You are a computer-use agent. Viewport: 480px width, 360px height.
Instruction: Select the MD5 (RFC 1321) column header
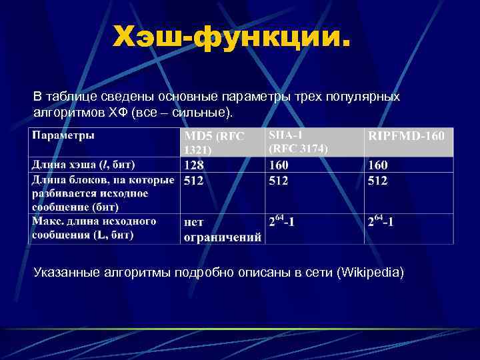pos(214,142)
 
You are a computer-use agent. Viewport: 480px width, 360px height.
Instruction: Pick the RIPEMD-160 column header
pos(406,136)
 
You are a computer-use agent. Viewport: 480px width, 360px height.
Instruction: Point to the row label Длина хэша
pos(83,164)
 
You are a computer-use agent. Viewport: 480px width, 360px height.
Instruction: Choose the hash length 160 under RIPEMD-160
pos(377,165)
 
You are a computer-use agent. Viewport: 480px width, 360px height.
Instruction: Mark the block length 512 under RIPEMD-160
pos(377,180)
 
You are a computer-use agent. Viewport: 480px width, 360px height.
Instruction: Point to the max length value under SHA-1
pos(281,222)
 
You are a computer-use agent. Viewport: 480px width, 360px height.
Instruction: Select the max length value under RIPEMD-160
pos(380,222)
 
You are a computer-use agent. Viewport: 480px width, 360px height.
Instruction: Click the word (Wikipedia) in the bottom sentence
pos(371,273)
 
